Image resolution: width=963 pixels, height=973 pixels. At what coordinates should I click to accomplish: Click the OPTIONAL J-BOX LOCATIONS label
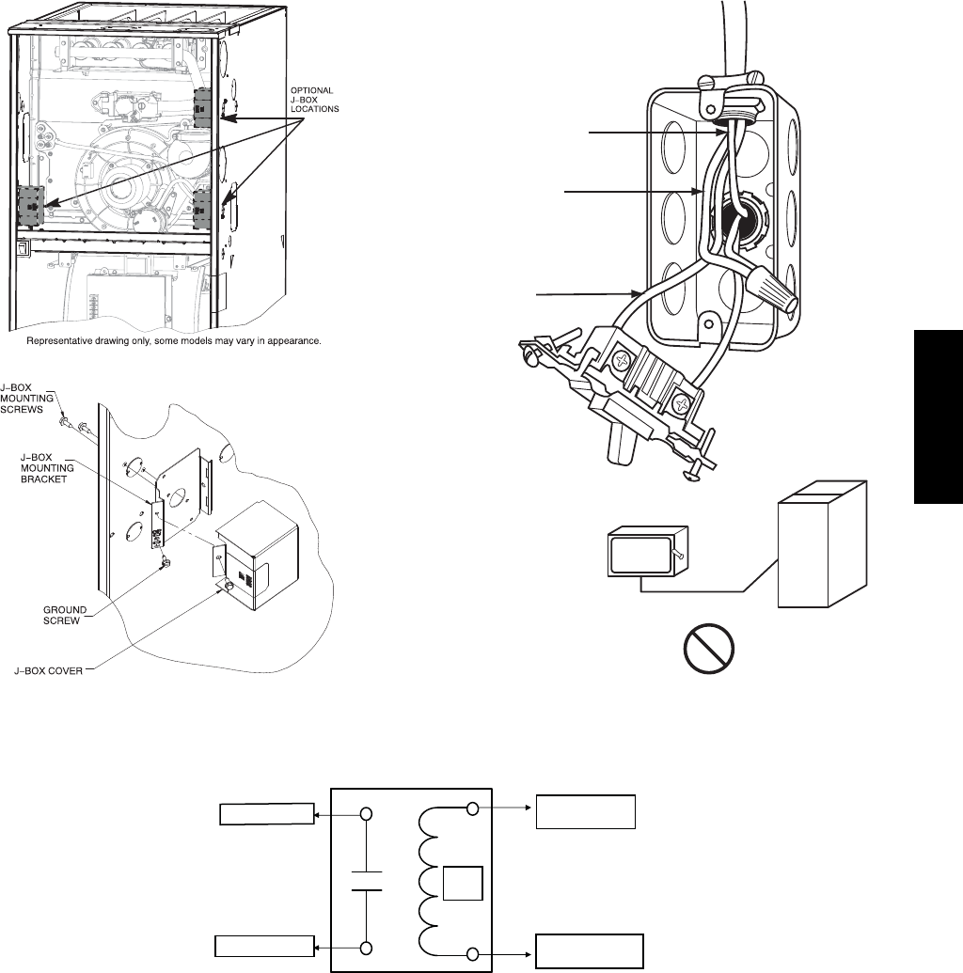318,99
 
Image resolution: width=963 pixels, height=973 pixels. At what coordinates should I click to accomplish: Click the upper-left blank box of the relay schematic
266,813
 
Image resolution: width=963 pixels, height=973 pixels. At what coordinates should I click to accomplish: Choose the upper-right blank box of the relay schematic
586,811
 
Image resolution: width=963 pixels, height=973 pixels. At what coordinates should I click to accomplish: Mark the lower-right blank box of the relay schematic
589,950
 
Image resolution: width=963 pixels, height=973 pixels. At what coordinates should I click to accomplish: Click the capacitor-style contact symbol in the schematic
367,879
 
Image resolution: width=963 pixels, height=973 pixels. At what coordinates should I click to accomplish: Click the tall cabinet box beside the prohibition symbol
817,545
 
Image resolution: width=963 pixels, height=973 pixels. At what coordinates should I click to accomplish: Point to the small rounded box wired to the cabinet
642,554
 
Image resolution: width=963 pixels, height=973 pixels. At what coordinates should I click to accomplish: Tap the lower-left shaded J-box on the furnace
32,207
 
